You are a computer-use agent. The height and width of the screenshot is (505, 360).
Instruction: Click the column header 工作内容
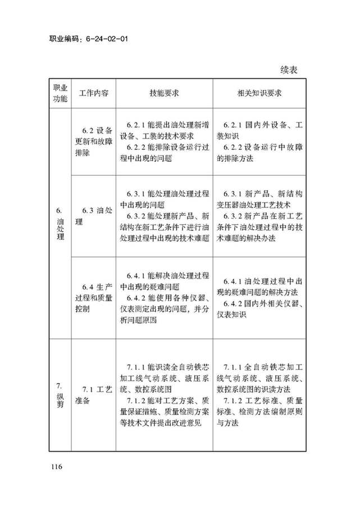coord(93,93)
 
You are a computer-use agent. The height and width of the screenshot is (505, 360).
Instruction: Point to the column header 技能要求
coord(164,93)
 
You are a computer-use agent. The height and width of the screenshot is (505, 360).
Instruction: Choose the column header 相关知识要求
coord(259,93)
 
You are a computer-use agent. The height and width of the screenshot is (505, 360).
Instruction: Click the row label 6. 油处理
coord(60,224)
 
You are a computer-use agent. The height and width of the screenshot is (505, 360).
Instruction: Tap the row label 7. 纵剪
coord(60,395)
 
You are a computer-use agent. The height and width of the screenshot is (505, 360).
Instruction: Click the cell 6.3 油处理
coord(94,216)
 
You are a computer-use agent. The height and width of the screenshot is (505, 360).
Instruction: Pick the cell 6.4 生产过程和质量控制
coord(94,298)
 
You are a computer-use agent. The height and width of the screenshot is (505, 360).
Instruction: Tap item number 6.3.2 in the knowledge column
coord(233,216)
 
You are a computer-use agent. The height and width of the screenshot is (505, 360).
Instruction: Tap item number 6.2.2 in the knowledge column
coord(233,147)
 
